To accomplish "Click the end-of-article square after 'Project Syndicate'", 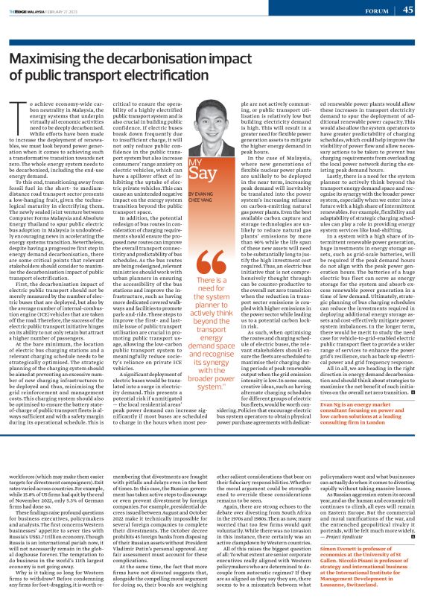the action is [412, 495].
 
